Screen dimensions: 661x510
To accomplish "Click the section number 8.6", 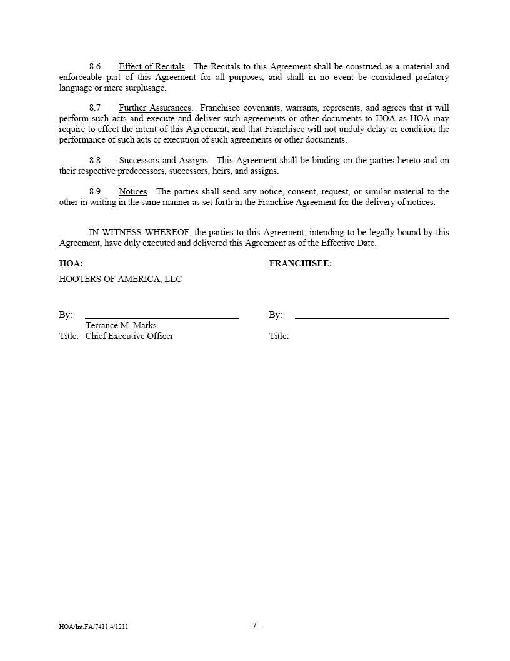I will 95,66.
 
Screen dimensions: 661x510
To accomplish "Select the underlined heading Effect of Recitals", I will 152,66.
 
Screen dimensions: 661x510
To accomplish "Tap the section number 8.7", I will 95,108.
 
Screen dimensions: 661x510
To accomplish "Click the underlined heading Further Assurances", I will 155,108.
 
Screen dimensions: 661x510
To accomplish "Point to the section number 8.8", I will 95,161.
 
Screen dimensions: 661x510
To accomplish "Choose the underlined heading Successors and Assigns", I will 163,161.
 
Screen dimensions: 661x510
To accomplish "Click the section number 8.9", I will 95,192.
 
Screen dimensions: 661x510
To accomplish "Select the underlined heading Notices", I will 133,192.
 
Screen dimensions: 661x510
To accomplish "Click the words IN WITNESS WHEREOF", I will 139,233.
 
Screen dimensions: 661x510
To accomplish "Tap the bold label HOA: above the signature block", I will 71,264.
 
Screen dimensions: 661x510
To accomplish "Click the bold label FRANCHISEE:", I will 301,264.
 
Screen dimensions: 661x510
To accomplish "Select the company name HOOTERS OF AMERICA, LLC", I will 121,280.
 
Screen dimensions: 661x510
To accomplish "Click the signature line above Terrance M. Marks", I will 162,318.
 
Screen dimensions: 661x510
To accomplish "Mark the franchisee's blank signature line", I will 372,318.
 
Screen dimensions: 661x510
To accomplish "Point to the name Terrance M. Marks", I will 121,326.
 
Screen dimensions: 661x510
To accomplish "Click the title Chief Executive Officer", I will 129,336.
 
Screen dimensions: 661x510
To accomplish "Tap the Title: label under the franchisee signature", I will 279,336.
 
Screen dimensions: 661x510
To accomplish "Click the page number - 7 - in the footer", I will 254,626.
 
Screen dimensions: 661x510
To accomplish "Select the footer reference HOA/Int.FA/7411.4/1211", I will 94,627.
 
